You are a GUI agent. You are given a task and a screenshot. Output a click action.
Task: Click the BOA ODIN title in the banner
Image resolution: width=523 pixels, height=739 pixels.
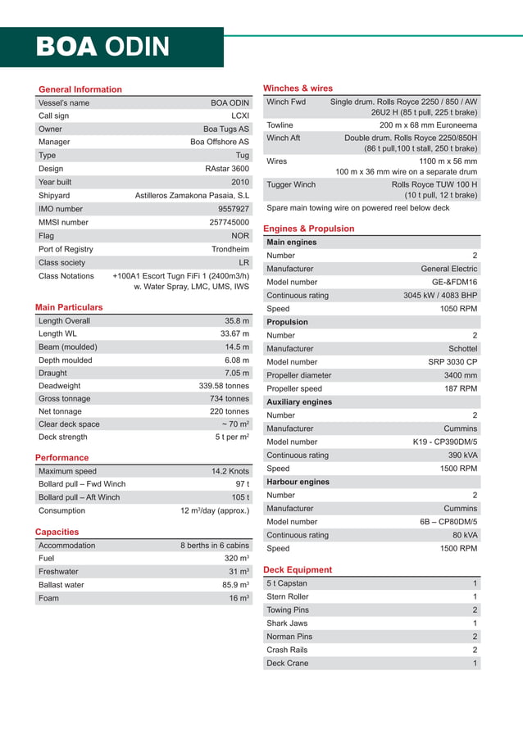point(102,47)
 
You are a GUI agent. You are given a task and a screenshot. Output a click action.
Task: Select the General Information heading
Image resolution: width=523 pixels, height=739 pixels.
point(80,89)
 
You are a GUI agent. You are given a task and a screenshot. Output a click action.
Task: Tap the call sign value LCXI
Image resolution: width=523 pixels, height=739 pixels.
point(239,116)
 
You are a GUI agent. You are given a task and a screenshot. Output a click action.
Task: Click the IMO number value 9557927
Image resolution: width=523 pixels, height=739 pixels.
point(233,209)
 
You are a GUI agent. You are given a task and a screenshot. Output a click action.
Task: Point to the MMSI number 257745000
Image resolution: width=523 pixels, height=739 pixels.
point(229,222)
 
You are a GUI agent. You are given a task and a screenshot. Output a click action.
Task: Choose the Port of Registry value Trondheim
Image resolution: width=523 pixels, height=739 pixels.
point(230,249)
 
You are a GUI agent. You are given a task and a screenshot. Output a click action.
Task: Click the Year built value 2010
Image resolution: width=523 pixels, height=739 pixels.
point(239,182)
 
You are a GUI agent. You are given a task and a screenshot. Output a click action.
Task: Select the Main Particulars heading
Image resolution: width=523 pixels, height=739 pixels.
point(69,307)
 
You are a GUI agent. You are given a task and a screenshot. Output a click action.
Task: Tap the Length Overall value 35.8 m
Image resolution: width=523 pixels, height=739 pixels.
point(236,321)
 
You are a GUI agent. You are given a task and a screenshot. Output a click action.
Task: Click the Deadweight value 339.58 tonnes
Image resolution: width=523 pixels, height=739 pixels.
point(224,386)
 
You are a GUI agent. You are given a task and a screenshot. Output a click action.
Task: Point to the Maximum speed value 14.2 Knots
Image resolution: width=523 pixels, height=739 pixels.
point(230,471)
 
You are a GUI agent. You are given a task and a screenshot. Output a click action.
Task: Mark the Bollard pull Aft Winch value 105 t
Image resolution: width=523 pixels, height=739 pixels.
point(240,497)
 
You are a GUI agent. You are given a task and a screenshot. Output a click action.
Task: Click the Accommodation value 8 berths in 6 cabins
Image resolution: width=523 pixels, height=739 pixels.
point(215,546)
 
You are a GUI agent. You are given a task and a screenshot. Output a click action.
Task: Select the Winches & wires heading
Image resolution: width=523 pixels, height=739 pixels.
point(298,88)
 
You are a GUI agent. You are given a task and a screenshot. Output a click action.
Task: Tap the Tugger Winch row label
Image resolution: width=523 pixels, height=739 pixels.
point(291,185)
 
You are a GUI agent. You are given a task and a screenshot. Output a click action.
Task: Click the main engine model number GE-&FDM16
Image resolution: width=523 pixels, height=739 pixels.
point(455,282)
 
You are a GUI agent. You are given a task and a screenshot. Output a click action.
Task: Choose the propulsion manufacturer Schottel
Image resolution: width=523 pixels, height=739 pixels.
point(462,349)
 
